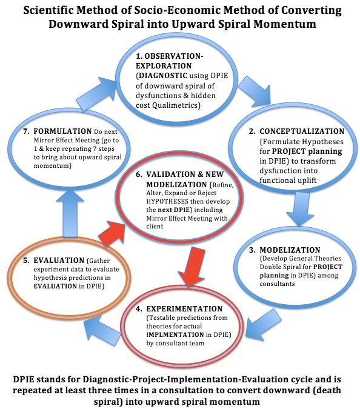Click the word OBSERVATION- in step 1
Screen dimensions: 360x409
tap(174, 56)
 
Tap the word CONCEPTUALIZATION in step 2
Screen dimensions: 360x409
tap(302, 131)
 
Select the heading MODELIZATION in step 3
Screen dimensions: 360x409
tap(290, 250)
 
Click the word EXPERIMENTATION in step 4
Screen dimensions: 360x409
tap(184, 309)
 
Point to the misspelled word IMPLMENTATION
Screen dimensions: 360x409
tap(175, 334)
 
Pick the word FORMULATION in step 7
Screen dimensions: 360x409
tap(62, 131)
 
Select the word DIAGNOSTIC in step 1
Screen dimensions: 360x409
tap(163, 76)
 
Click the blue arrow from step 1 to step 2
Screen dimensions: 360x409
tap(255, 91)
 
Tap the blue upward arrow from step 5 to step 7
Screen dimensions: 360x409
tap(70, 213)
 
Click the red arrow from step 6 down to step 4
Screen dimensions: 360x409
tap(193, 266)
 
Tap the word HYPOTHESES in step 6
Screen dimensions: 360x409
tap(167, 201)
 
